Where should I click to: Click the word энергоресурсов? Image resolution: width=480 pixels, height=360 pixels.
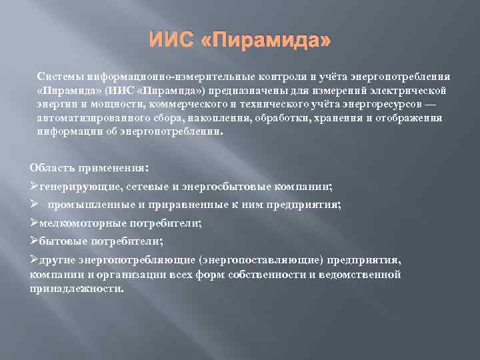pyautogui.click(x=369, y=104)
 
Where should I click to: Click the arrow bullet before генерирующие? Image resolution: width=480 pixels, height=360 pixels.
pyautogui.click(x=35, y=187)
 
